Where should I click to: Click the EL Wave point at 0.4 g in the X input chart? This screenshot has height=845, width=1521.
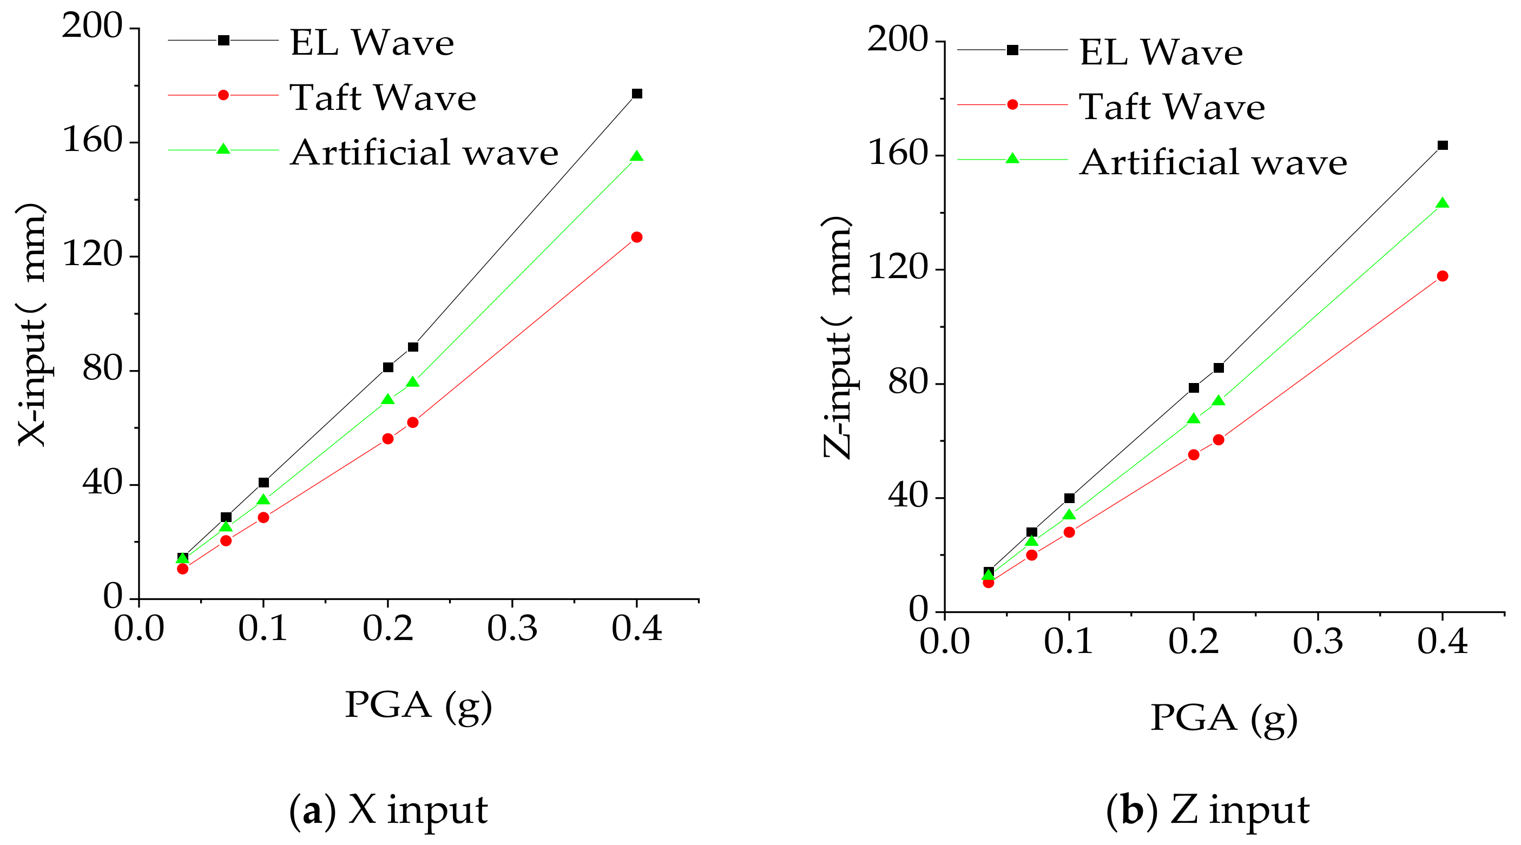pos(636,94)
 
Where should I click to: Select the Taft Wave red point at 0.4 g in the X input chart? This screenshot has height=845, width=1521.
pos(636,237)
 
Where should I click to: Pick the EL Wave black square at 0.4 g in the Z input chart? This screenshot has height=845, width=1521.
pos(1442,146)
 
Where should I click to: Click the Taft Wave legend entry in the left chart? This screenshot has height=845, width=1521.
pos(383,97)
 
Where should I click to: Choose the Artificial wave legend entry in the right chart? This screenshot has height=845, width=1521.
pos(1213,162)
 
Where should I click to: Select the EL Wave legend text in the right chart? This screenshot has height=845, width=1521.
pos(1161,52)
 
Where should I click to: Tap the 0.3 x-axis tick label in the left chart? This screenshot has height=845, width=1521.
pos(512,629)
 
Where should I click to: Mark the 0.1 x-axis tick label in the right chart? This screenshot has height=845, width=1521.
pos(1069,642)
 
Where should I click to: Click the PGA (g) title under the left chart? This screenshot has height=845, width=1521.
pos(418,705)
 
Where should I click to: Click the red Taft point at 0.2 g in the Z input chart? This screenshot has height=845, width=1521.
pos(1193,454)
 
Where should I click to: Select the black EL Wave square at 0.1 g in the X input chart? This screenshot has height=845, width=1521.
pos(264,483)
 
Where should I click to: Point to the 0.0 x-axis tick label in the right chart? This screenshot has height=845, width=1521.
pos(944,642)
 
